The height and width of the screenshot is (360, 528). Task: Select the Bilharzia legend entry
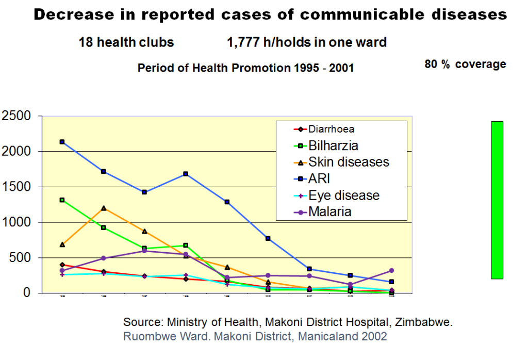click(x=333, y=145)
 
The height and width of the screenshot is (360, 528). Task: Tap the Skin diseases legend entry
click(x=349, y=162)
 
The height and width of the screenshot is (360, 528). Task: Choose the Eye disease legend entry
click(x=343, y=195)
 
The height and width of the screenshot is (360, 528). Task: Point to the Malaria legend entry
click(x=330, y=211)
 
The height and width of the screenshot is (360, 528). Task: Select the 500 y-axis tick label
click(x=23, y=257)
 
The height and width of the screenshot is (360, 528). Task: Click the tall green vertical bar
click(x=497, y=200)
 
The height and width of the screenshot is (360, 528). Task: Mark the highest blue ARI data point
click(x=62, y=142)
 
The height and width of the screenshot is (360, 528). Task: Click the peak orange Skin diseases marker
click(x=104, y=208)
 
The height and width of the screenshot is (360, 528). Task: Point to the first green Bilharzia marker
click(x=62, y=200)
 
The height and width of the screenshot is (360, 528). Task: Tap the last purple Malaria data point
click(x=391, y=270)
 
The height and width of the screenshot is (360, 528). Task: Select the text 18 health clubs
click(x=126, y=42)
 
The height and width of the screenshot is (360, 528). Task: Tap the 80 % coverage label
click(x=465, y=64)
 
